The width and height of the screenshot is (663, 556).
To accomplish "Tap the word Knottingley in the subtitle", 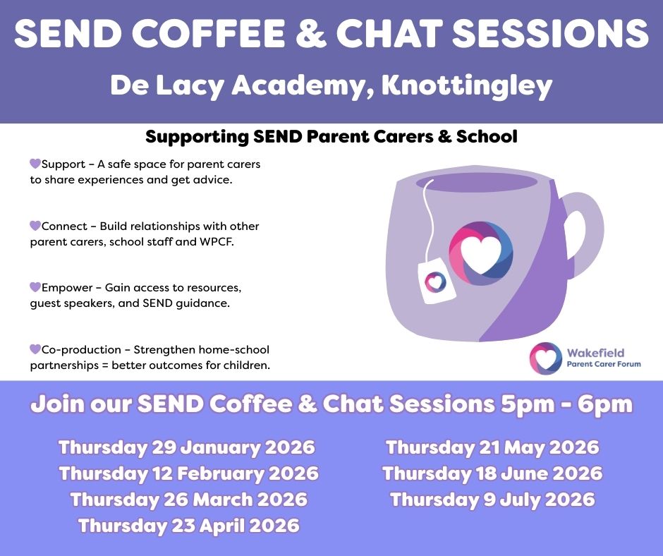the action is coord(467,86).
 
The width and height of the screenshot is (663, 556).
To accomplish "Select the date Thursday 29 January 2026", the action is coord(186,447).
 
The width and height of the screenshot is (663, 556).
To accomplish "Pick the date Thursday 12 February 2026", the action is coord(188,473).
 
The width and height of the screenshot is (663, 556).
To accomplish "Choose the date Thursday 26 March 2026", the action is coord(188,500).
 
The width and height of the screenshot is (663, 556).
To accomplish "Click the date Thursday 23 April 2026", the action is coord(188,526).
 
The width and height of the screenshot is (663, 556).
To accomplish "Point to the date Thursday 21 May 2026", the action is coord(492,447).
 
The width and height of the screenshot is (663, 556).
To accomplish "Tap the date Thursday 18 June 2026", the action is coord(492,473).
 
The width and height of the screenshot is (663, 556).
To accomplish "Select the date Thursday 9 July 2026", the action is coord(492,500).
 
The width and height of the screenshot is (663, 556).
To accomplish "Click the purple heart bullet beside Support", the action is coord(35,164).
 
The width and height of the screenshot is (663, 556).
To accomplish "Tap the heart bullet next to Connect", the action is coord(35,226).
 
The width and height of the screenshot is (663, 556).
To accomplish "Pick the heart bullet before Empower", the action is coord(35,287).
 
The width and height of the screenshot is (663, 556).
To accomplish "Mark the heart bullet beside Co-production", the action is coord(35,349).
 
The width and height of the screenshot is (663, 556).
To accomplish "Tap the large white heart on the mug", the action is coord(480,255).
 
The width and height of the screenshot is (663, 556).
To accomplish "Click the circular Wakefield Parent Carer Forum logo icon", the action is coord(545,358).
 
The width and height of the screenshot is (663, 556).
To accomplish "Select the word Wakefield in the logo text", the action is coord(595,353).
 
